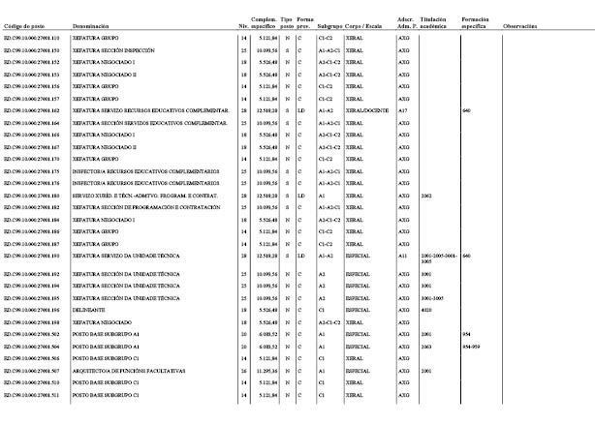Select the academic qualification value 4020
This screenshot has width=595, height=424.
click(426, 309)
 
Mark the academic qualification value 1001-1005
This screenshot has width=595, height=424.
click(431, 298)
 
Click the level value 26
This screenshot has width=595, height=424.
click(243, 371)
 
